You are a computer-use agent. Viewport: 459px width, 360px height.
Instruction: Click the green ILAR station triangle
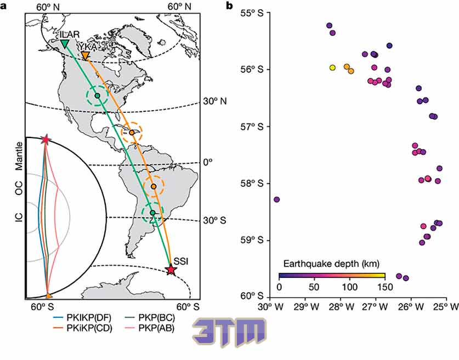click(x=64, y=44)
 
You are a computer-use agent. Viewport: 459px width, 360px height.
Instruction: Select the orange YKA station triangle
click(x=86, y=55)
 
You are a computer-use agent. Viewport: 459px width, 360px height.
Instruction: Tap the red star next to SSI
click(x=171, y=270)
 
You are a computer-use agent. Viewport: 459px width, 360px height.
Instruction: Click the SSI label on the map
click(x=181, y=261)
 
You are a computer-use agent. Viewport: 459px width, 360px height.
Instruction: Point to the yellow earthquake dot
click(x=332, y=67)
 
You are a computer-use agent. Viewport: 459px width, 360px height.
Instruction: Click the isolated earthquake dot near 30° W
click(x=276, y=199)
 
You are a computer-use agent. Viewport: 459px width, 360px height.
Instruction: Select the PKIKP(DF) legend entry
click(x=82, y=318)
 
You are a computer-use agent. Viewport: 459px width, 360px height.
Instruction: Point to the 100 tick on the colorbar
click(x=349, y=287)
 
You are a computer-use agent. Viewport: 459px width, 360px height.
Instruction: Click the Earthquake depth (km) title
click(x=331, y=264)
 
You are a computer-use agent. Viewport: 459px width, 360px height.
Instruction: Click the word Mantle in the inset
click(x=19, y=156)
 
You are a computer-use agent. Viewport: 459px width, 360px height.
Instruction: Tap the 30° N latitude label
click(x=215, y=101)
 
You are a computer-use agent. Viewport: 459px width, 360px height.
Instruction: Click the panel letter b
click(x=229, y=5)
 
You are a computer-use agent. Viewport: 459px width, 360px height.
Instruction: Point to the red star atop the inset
click(x=46, y=140)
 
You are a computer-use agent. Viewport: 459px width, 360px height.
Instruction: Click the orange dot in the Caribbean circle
click(x=132, y=133)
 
